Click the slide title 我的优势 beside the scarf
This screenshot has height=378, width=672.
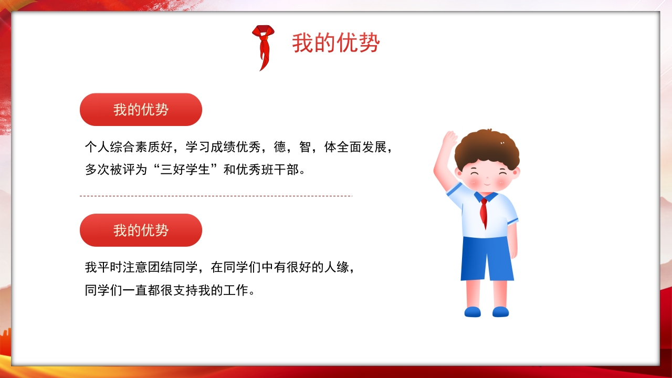[335, 43]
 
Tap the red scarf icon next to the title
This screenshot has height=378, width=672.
[262, 46]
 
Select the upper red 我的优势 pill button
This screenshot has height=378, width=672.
[141, 110]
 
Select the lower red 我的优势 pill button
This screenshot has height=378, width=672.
[141, 230]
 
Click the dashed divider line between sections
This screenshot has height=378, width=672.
[215, 196]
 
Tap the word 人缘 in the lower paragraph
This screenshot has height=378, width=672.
[337, 267]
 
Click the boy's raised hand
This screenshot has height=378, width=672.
[449, 139]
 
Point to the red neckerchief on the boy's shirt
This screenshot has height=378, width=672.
[484, 212]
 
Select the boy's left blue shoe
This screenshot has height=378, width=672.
[472, 312]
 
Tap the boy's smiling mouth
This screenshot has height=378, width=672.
[487, 184]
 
